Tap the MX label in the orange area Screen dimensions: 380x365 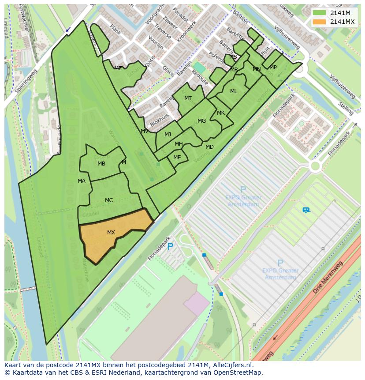coord(111,233)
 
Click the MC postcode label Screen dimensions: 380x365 coord(109,200)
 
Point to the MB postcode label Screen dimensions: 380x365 coord(101,164)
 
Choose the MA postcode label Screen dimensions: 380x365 coord(82,181)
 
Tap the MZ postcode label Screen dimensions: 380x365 coord(118,68)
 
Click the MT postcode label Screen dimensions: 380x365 coord(188,98)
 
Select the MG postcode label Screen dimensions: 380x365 coord(201,121)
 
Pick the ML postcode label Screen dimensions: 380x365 coord(234,91)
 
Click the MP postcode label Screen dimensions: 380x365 coord(273,68)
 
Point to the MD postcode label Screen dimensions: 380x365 coord(209,147)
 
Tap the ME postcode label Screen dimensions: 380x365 coord(177,158)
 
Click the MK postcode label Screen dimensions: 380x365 coord(221,113)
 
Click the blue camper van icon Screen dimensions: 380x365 coord(306,210)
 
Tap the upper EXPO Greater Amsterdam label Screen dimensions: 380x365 coord(243,201)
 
